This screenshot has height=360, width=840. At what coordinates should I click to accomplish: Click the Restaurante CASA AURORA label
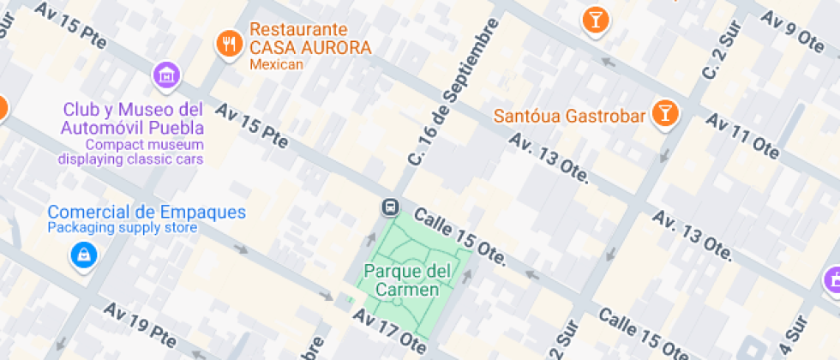coord(310,39)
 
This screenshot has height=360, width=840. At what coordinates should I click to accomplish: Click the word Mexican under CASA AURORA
coord(276,65)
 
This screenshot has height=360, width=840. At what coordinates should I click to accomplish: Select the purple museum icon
coord(165,75)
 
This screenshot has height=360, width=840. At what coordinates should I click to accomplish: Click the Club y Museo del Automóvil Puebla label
coord(132,119)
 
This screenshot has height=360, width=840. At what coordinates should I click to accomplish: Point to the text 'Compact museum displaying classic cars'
coord(131,152)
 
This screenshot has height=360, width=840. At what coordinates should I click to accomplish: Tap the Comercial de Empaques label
coord(147,212)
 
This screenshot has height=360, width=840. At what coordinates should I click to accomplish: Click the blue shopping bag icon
coord(83,254)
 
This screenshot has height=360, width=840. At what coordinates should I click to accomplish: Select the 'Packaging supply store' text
coord(122,228)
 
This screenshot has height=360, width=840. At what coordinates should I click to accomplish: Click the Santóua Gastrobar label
coord(568,115)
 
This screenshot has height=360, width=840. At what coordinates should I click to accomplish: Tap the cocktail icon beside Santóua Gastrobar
coord(663,111)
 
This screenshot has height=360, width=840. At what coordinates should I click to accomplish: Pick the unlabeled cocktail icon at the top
coord(594,19)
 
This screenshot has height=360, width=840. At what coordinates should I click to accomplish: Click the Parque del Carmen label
coord(407,280)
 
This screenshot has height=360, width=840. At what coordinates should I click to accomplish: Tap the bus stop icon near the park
coord(389,207)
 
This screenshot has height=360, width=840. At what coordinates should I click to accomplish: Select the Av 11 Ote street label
coord(742,136)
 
